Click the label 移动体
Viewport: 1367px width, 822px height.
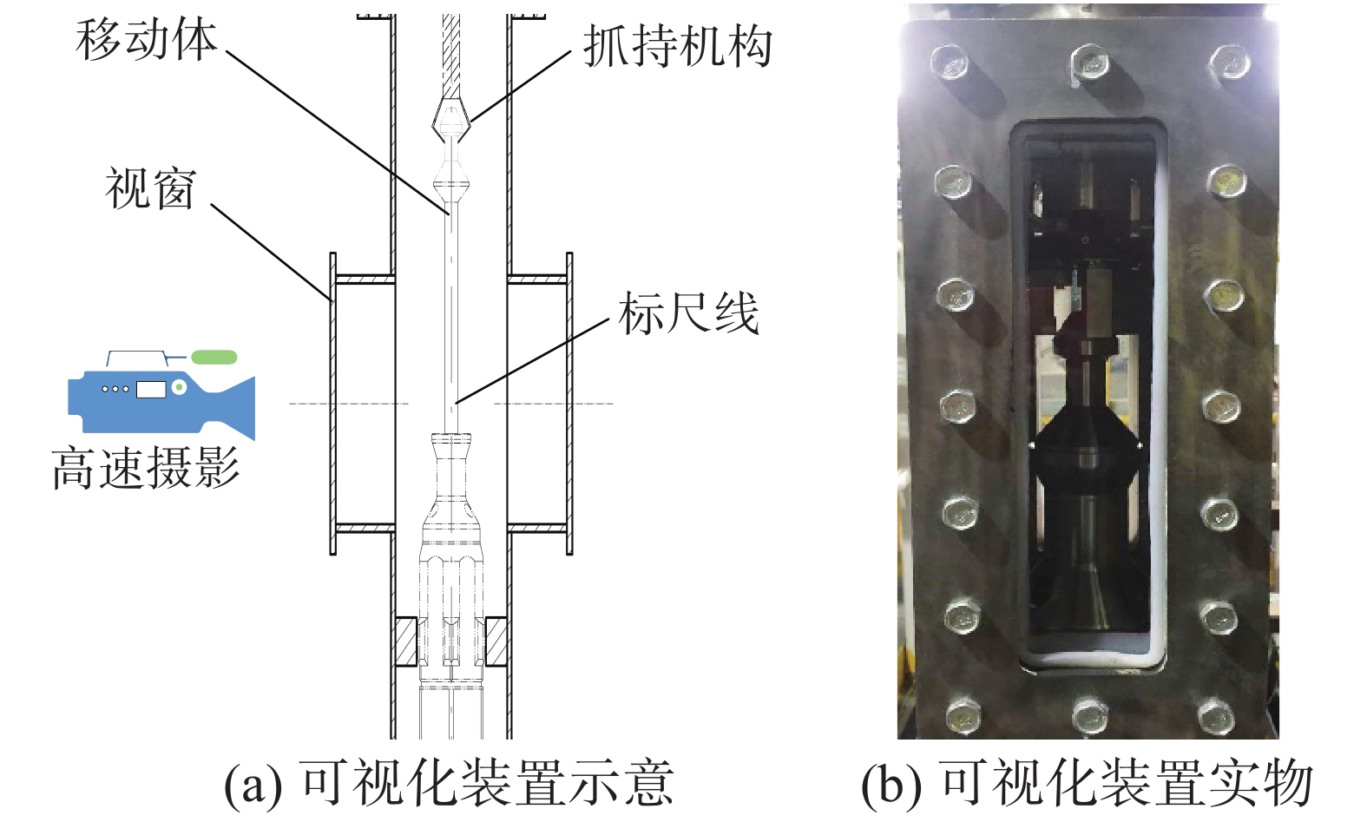[x=146, y=40]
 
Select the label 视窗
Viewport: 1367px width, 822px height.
[x=150, y=188]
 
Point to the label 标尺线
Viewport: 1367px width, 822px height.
[x=688, y=313]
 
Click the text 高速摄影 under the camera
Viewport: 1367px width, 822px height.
[x=145, y=469]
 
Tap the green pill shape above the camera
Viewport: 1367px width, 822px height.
[x=214, y=357]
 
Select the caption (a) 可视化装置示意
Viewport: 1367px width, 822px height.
[x=449, y=783]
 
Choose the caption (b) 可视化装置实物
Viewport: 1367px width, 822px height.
[x=1087, y=783]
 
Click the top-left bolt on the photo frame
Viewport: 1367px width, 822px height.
[x=950, y=62]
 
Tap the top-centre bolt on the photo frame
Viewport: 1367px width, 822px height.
[x=1089, y=62]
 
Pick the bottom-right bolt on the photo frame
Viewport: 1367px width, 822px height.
[x=1217, y=716]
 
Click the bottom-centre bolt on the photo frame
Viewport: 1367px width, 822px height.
[x=1089, y=716]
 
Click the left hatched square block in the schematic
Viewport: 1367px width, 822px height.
[x=405, y=641]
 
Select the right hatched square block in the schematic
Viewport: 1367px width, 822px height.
[x=496, y=641]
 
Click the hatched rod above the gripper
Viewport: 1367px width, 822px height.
[x=451, y=52]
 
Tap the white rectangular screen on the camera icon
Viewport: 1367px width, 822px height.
[x=150, y=388]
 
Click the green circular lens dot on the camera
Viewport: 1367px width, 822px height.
[x=179, y=387]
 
